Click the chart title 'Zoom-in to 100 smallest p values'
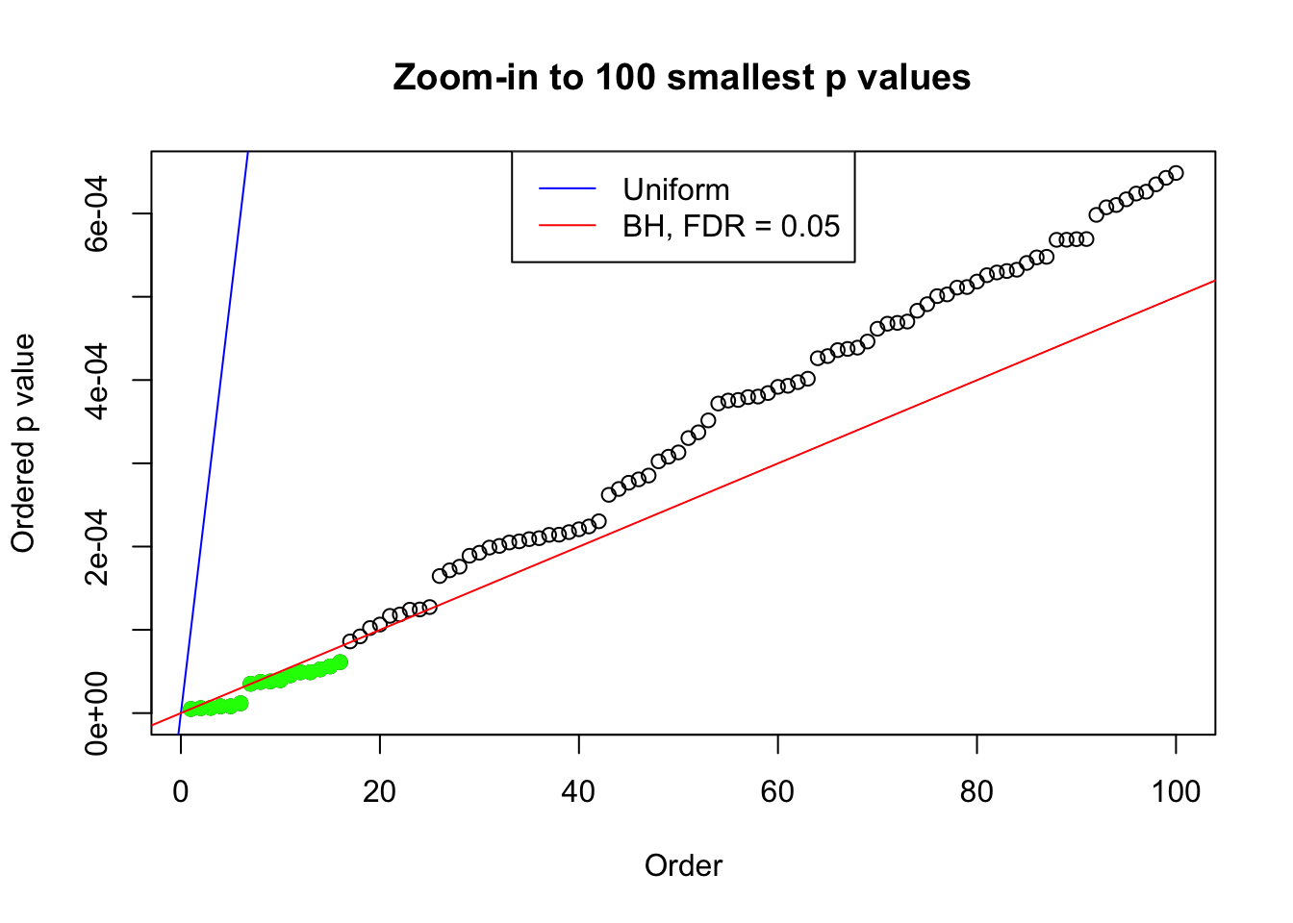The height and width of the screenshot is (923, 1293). coord(681,77)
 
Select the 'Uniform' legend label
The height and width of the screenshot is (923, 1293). coord(675,189)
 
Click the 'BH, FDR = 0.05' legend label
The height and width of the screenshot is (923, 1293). coord(730,226)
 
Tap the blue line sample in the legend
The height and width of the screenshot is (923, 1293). coord(567,189)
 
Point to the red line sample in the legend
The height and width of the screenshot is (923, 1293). coord(567,226)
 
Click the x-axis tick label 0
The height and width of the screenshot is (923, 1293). coord(181,791)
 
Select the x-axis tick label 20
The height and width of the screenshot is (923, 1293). coord(380,791)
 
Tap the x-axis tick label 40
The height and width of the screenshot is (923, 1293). coord(579,791)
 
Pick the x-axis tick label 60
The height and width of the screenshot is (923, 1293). coord(777,791)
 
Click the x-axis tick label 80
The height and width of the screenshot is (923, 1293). coord(976,791)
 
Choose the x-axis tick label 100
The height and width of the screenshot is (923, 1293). coord(1176,791)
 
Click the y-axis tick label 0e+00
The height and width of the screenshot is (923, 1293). coord(96,712)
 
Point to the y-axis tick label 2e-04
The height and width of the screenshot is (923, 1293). coord(96,546)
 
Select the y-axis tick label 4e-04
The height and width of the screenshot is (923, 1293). coord(96,380)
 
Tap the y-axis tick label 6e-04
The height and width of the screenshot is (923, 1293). coord(96,213)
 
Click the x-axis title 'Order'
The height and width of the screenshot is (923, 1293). coord(683,865)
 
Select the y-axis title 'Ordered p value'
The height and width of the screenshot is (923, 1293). coord(23,443)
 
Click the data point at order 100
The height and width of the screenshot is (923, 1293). coord(1176,173)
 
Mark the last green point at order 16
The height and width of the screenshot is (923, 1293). coord(340,661)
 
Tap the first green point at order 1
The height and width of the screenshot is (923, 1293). coord(190,709)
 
